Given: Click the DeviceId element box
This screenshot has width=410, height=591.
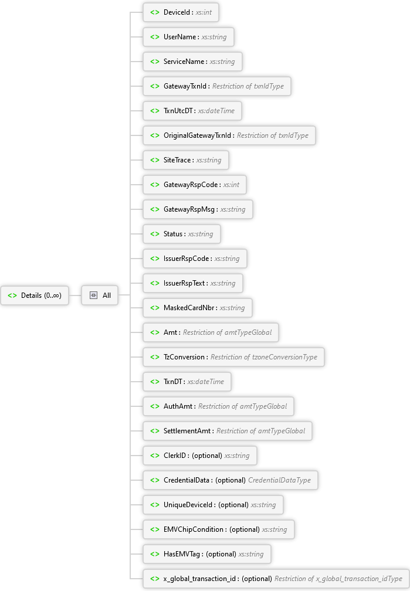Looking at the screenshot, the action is click(x=181, y=12).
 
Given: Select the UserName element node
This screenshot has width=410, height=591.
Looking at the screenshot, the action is click(x=188, y=37).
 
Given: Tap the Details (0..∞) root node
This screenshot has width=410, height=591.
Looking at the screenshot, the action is click(x=35, y=295).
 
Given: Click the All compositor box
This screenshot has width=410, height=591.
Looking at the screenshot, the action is click(x=100, y=295).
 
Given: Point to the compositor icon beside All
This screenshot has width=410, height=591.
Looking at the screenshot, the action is click(x=93, y=295).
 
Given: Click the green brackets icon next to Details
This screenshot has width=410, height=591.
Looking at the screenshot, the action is click(x=12, y=295).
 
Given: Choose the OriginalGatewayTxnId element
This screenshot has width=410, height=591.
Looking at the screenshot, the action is click(x=229, y=135).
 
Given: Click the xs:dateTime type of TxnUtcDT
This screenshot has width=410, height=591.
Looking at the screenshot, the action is click(x=216, y=111).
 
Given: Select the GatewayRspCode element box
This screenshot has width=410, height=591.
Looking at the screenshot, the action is click(x=195, y=185).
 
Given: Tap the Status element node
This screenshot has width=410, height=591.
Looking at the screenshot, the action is click(x=182, y=234).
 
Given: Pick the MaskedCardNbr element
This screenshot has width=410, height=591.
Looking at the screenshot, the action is click(x=198, y=308).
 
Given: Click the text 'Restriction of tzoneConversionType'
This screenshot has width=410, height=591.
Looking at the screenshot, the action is click(x=263, y=357).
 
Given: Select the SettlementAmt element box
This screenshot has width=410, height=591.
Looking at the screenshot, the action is click(x=228, y=431).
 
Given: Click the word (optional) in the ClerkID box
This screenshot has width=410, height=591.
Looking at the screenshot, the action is click(x=206, y=456).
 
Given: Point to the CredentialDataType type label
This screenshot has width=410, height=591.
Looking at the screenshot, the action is click(x=280, y=480).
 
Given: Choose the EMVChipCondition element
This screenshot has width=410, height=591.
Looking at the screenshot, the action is click(x=219, y=529).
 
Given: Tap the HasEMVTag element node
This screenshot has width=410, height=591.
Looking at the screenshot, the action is click(x=207, y=554).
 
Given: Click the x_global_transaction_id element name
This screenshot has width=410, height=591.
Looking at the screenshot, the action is click(x=199, y=579).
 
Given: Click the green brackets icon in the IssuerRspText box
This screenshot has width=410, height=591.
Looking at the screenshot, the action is click(x=155, y=283).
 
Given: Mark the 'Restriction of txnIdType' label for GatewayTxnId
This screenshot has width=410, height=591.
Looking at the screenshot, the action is click(x=248, y=86).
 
